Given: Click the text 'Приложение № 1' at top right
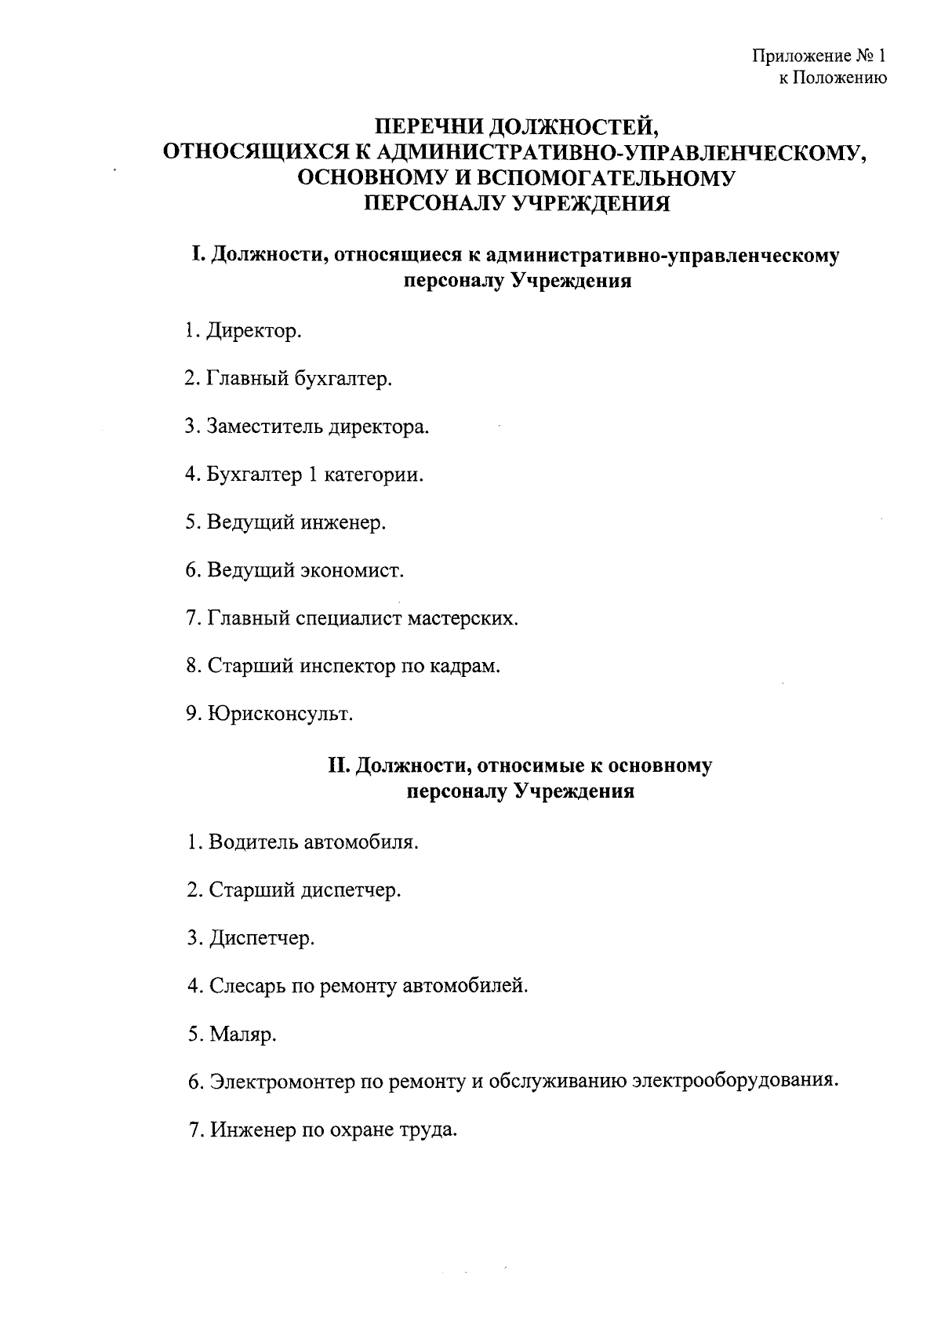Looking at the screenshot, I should coord(819,56).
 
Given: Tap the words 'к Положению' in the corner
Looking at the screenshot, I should coord(832,78).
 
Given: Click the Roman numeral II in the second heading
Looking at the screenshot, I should coord(338,766).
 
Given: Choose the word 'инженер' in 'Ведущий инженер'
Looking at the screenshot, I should coord(343,523).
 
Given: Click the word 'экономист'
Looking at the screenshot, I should coord(352,571).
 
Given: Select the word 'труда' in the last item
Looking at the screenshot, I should coord(431,1131).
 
